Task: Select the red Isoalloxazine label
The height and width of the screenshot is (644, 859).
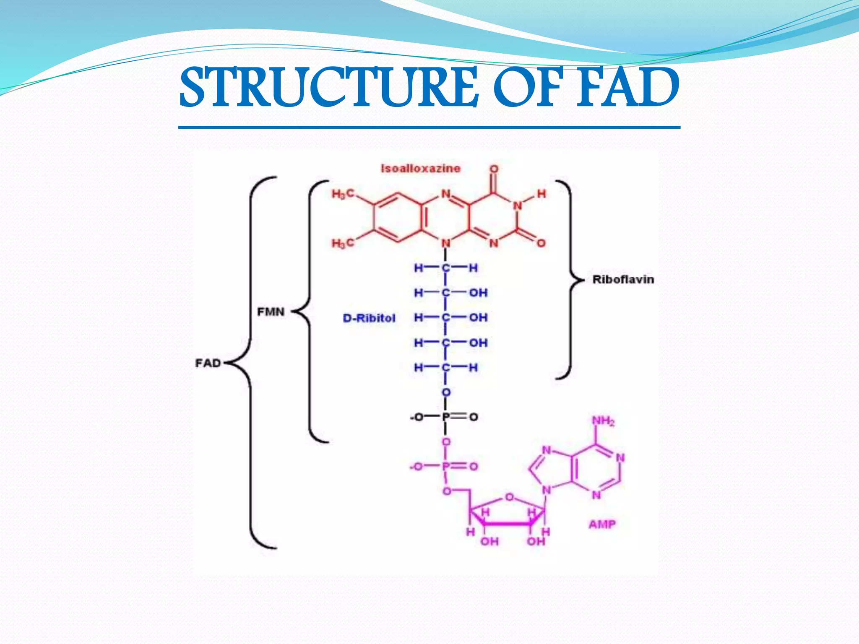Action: pyautogui.click(x=420, y=169)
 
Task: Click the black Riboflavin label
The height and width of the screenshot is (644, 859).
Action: pyautogui.click(x=623, y=280)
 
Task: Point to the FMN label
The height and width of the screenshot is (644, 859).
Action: pyautogui.click(x=271, y=312)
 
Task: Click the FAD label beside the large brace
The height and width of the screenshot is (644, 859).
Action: pyautogui.click(x=208, y=363)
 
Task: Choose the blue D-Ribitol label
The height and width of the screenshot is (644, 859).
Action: pyautogui.click(x=369, y=318)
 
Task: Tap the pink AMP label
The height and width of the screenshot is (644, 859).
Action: pyautogui.click(x=602, y=524)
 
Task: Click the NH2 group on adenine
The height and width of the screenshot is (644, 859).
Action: pyautogui.click(x=603, y=421)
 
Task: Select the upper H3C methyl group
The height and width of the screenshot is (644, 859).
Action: pyautogui.click(x=343, y=194)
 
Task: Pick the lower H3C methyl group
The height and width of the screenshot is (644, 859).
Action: pyautogui.click(x=343, y=243)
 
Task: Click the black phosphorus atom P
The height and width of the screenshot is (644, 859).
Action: pyautogui.click(x=446, y=417)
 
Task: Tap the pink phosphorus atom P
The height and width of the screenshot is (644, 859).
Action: pyautogui.click(x=446, y=466)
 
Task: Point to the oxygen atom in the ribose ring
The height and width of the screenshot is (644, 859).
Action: pyautogui.click(x=509, y=497)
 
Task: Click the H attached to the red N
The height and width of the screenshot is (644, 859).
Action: pyautogui.click(x=541, y=194)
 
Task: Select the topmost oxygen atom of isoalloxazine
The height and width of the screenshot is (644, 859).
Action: pyautogui.click(x=494, y=169)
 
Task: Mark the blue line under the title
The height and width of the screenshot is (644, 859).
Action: pyautogui.click(x=429, y=127)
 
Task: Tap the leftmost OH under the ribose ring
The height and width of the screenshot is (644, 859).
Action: pyautogui.click(x=489, y=542)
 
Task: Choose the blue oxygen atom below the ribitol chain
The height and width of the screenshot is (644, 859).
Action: pyautogui.click(x=446, y=392)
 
